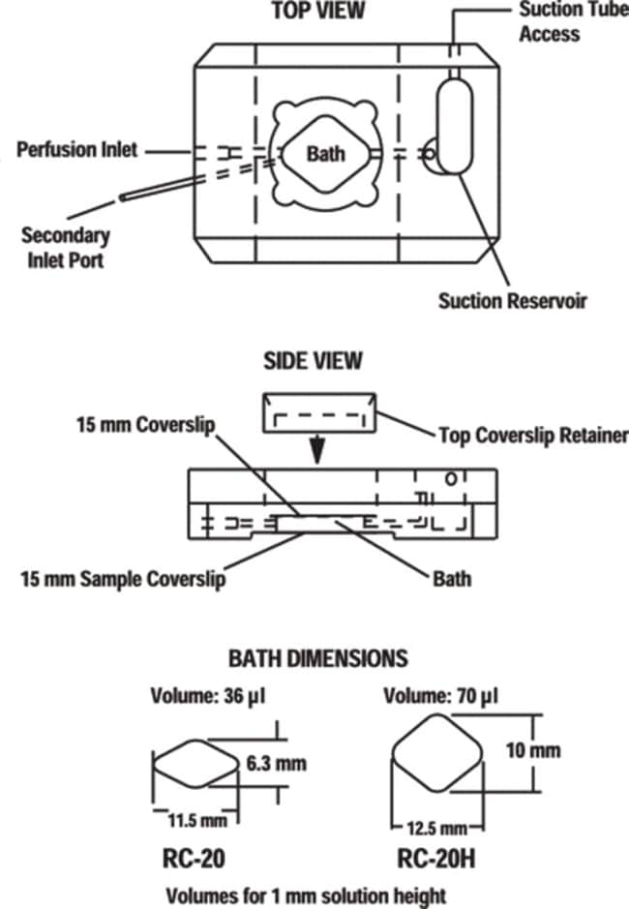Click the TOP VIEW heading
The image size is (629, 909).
[x=318, y=11]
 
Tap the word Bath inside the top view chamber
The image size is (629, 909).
[x=326, y=154]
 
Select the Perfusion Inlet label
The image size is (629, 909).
[x=77, y=150]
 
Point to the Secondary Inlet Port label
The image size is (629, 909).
[x=66, y=248]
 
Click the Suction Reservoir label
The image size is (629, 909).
[x=513, y=301]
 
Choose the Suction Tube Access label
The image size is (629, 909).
[x=573, y=21]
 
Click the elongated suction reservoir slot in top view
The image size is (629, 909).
[x=455, y=127]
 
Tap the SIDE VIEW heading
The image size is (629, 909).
[x=314, y=360]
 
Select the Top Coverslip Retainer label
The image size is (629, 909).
[x=533, y=436]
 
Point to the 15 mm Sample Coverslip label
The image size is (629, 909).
[x=124, y=579]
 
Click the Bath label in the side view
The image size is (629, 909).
[x=452, y=579]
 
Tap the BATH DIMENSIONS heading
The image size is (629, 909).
[x=318, y=658]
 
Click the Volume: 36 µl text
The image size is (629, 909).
[x=208, y=696]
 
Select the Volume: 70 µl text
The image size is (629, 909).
[x=440, y=696]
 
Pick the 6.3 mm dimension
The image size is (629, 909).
[x=277, y=764]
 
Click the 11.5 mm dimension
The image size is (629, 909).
[x=197, y=821]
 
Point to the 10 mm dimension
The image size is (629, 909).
[x=533, y=751]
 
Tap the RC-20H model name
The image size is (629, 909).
[x=436, y=859]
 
